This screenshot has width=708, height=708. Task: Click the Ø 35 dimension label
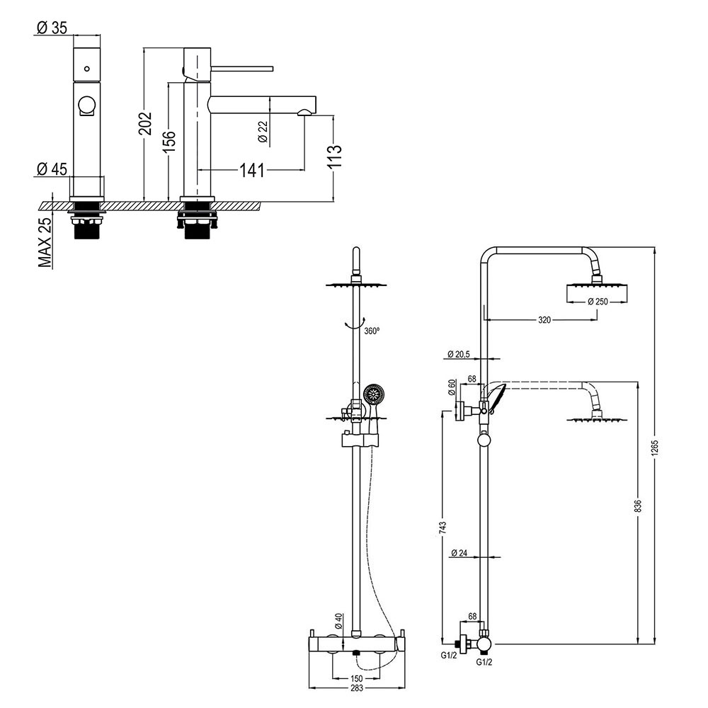52,28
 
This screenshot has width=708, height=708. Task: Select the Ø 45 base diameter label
52,169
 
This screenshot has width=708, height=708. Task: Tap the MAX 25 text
45,242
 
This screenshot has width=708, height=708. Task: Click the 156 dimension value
169,144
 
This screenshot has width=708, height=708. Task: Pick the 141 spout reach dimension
252,170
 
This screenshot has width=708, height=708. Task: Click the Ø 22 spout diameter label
263,132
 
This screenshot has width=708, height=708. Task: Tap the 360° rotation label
372,330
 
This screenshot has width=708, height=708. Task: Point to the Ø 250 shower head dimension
598,302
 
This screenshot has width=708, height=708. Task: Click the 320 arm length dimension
544,320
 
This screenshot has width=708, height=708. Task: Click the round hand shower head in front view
373,394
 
